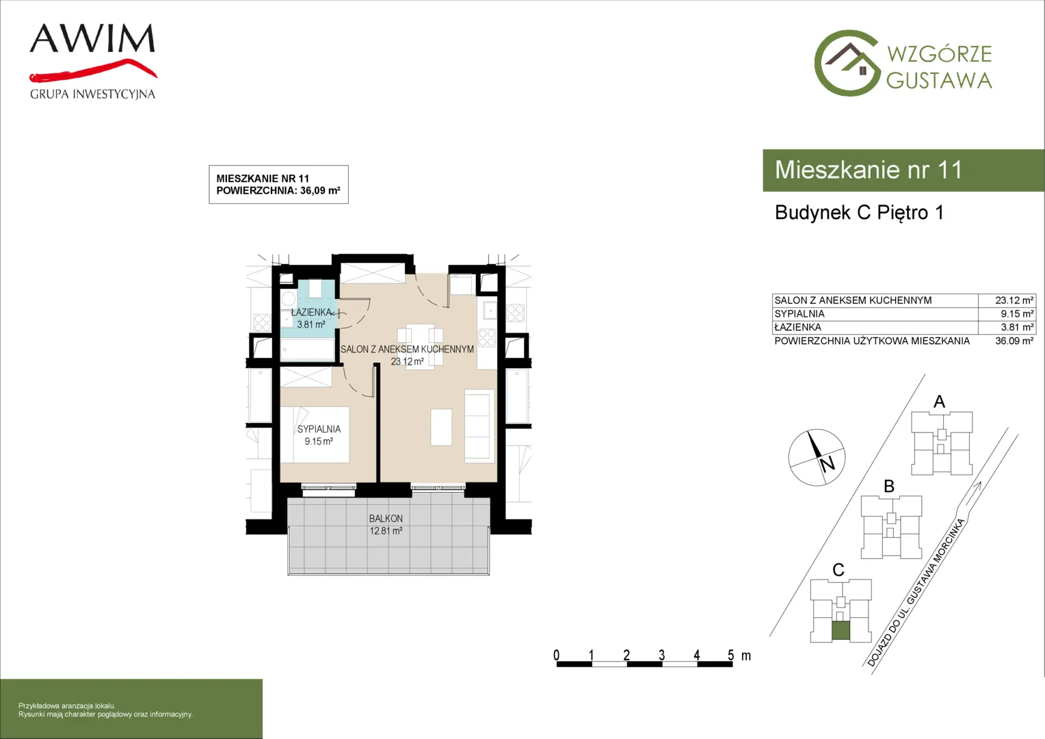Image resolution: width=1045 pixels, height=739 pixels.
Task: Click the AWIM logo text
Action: pyautogui.click(x=92, y=38)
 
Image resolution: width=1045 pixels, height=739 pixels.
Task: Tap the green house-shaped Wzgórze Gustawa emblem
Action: pyautogui.click(x=847, y=64)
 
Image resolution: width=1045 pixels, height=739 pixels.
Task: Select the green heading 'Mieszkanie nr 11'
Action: pyautogui.click(x=868, y=170)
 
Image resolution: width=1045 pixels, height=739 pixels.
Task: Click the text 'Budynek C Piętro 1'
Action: pyautogui.click(x=860, y=213)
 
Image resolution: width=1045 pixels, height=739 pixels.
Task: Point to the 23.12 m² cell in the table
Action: pyautogui.click(x=1014, y=300)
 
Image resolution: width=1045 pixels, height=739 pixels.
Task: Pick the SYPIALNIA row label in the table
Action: pyautogui.click(x=799, y=314)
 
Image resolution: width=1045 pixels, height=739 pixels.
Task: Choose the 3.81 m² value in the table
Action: pyautogui.click(x=1018, y=328)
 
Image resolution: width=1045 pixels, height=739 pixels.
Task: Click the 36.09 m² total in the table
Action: pyautogui.click(x=1014, y=341)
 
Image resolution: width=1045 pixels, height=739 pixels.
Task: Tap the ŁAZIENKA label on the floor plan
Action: pyautogui.click(x=311, y=312)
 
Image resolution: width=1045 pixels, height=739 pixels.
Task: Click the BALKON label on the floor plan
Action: pyautogui.click(x=386, y=519)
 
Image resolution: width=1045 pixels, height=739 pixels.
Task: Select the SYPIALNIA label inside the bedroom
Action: pyautogui.click(x=319, y=429)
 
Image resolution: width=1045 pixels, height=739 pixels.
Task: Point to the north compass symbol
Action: pyautogui.click(x=817, y=458)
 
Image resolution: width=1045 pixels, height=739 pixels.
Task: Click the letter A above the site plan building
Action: pyautogui.click(x=939, y=402)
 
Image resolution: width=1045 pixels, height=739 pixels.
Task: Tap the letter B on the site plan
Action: pyautogui.click(x=889, y=487)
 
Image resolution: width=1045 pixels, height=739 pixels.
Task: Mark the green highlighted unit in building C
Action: pyautogui.click(x=841, y=631)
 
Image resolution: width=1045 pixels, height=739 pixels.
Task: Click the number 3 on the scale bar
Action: pyautogui.click(x=661, y=656)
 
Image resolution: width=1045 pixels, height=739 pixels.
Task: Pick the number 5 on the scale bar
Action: pyautogui.click(x=730, y=656)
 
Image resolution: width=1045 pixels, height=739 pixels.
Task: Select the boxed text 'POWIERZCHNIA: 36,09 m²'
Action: pyautogui.click(x=278, y=190)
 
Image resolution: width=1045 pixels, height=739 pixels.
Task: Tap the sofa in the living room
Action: pyautogui.click(x=479, y=427)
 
